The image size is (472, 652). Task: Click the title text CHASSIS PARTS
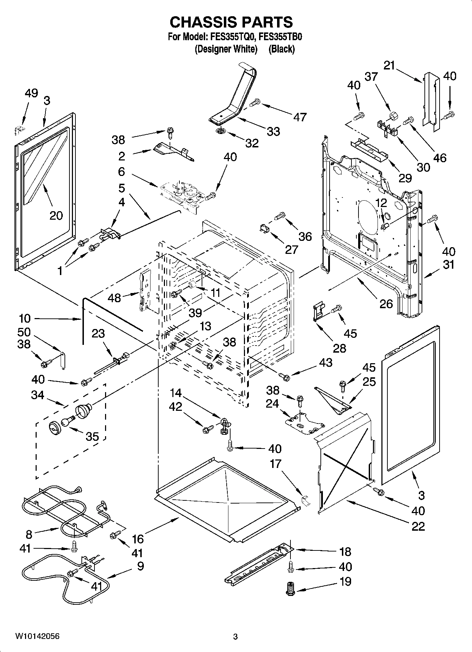231,22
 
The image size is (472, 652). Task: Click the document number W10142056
37,636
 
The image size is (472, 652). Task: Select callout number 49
31,93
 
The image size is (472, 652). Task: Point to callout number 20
56,215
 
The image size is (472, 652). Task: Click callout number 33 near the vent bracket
273,131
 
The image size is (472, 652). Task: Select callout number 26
386,303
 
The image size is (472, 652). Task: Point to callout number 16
138,539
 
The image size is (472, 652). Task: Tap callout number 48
114,298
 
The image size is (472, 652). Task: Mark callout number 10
25,318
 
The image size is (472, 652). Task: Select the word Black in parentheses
281,49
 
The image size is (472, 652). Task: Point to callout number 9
140,566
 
